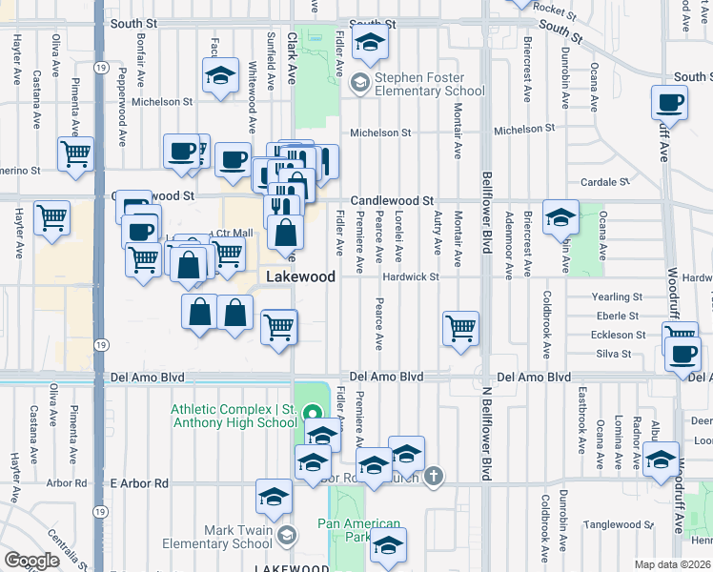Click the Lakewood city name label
tap(300, 276)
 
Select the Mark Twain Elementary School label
tap(237, 538)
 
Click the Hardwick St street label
tap(410, 277)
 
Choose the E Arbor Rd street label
tap(139, 483)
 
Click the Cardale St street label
tap(613, 181)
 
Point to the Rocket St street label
tap(555, 11)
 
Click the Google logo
tap(31, 561)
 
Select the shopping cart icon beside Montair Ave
tap(461, 328)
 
